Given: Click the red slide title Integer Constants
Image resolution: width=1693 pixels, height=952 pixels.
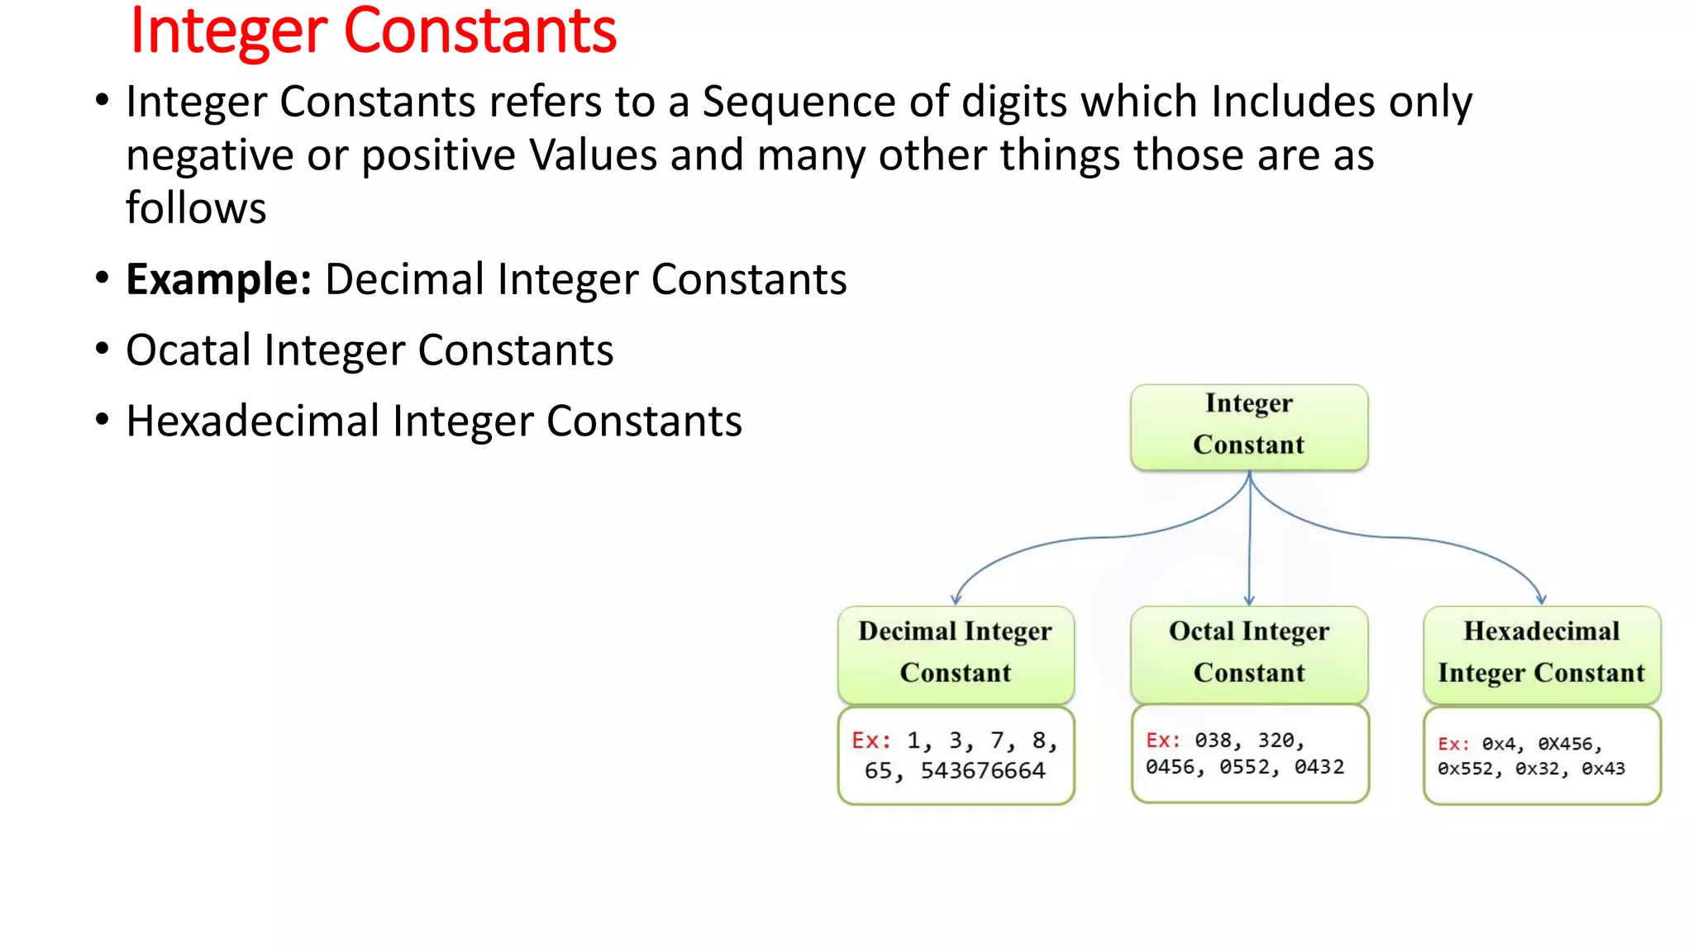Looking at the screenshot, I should [x=373, y=31].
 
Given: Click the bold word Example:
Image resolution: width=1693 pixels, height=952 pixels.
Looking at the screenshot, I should [x=218, y=279].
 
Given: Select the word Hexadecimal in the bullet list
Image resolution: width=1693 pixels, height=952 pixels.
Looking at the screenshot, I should [x=252, y=421].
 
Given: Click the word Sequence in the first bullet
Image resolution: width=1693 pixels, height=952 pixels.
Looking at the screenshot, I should [x=799, y=102].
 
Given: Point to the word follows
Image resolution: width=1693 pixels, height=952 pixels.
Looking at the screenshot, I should [x=196, y=208].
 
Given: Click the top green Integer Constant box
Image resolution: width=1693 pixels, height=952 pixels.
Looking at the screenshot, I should [x=1248, y=426].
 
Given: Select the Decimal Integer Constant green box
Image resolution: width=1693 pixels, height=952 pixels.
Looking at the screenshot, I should [x=955, y=653].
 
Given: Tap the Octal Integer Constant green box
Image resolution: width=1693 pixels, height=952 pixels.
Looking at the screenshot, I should [x=1248, y=653].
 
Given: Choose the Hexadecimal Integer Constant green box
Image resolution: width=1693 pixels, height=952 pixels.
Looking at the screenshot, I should [x=1542, y=653].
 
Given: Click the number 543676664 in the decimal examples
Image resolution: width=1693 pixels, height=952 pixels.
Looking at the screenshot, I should [x=983, y=771].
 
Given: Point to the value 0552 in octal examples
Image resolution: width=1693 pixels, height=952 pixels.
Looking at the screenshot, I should [x=1245, y=768].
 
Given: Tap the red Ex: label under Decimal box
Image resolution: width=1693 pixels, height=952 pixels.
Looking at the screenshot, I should [x=870, y=740].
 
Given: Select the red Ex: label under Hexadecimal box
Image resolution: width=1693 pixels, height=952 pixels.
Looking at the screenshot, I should [x=1453, y=745].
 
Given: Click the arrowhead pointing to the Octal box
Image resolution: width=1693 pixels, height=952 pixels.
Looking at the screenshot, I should [x=1249, y=600].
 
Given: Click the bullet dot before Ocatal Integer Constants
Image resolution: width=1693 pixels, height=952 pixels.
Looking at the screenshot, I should [x=102, y=349].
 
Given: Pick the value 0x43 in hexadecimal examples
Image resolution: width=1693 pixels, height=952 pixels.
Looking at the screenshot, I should [x=1603, y=769].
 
